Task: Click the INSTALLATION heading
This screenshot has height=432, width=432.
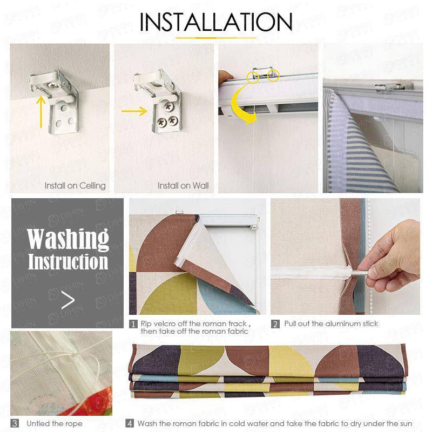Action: pos(216,22)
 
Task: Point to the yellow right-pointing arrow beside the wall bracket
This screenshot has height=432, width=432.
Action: pos(134,112)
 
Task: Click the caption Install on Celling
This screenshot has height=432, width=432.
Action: pos(75,186)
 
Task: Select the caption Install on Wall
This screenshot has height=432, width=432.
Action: pos(183,186)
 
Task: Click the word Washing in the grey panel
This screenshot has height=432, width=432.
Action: pos(68,238)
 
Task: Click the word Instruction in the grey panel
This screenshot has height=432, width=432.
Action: pos(68,262)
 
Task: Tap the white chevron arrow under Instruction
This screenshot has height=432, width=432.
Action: pos(68,300)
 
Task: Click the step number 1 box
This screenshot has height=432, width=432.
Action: pos(133,324)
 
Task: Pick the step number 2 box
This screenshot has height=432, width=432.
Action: pos(275,324)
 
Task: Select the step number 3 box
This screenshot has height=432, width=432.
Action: pos(15,423)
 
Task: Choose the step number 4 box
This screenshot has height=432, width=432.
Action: pos(130,423)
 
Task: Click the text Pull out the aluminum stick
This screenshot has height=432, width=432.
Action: pos(331,324)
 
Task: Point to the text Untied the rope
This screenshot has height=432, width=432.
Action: pos(55,423)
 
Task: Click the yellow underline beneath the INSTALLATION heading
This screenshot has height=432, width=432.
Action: pos(216,38)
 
